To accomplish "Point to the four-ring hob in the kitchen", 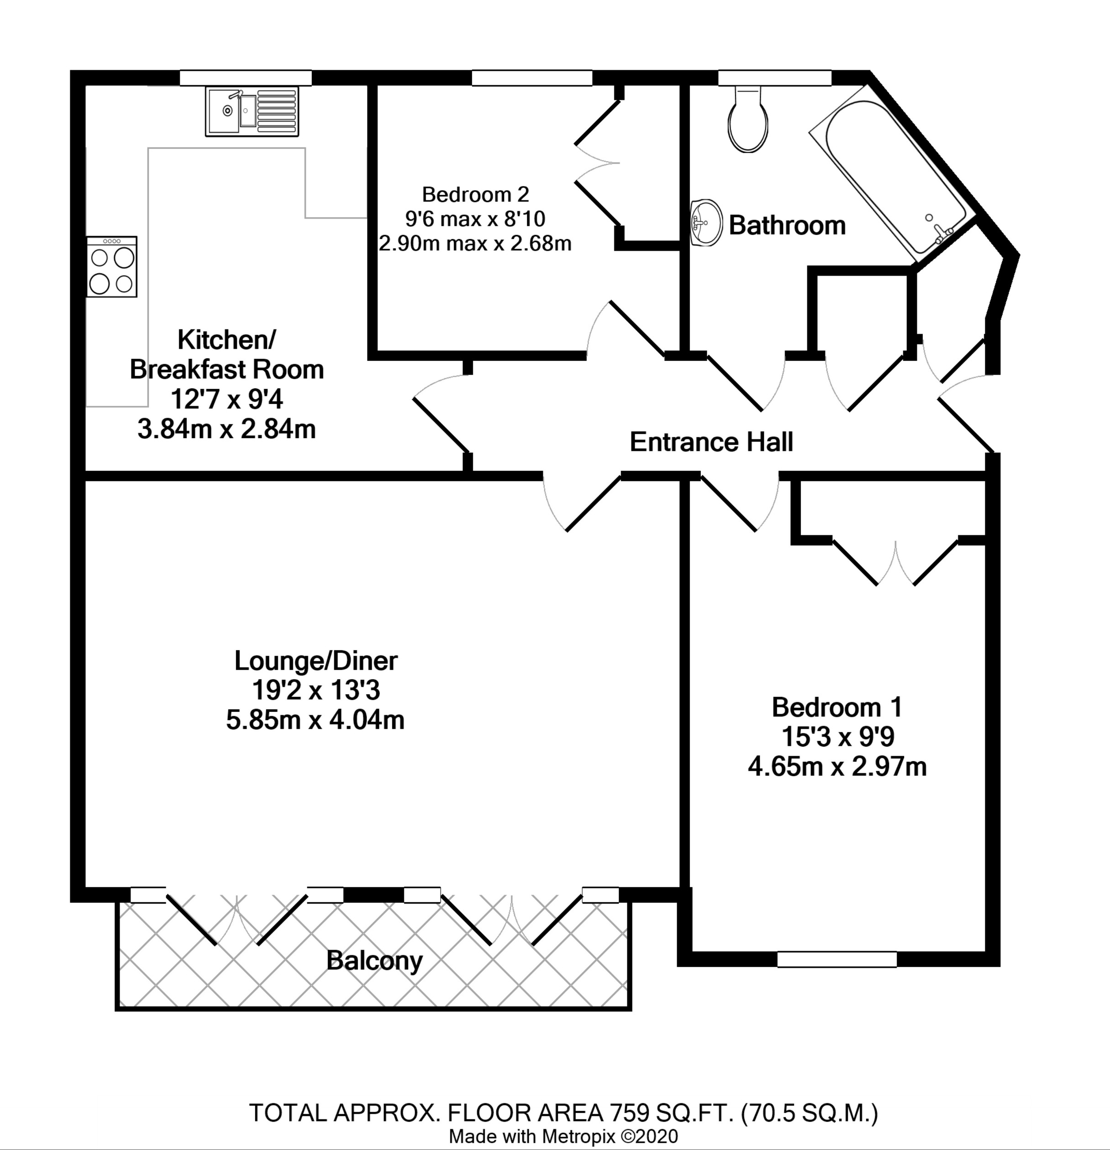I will click(111, 267).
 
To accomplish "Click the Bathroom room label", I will click(787, 225).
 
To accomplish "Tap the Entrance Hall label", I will click(711, 442).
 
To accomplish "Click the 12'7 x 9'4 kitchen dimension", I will click(226, 400).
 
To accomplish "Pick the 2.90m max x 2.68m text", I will click(475, 243).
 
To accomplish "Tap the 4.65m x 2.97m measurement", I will click(837, 767).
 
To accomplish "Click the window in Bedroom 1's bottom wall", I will click(837, 959).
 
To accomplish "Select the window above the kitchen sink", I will click(245, 78).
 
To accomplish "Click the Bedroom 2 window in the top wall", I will click(532, 78).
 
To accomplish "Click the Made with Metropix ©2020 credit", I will click(563, 1136).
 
